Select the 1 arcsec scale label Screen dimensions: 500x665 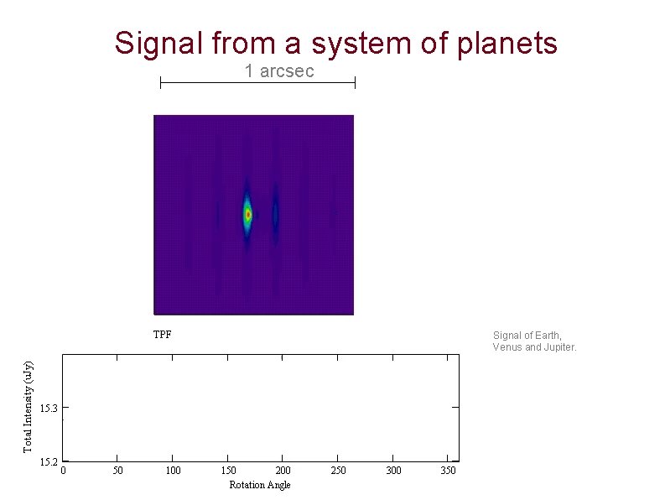[279, 71]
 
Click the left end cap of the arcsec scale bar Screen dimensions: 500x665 [160, 82]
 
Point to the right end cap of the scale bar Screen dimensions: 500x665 [355, 82]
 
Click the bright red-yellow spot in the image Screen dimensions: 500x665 [247, 215]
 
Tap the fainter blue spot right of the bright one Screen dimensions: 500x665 [275, 215]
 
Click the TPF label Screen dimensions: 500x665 [162, 334]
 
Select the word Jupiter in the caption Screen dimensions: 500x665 [558, 347]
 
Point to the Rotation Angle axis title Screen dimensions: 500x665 [259, 485]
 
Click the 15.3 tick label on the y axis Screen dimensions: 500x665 [48, 409]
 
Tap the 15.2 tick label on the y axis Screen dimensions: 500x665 [48, 461]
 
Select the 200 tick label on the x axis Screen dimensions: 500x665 [283, 471]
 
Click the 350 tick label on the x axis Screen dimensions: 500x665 [448, 471]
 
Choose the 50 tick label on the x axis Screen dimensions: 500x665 [118, 471]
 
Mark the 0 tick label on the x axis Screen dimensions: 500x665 [64, 471]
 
